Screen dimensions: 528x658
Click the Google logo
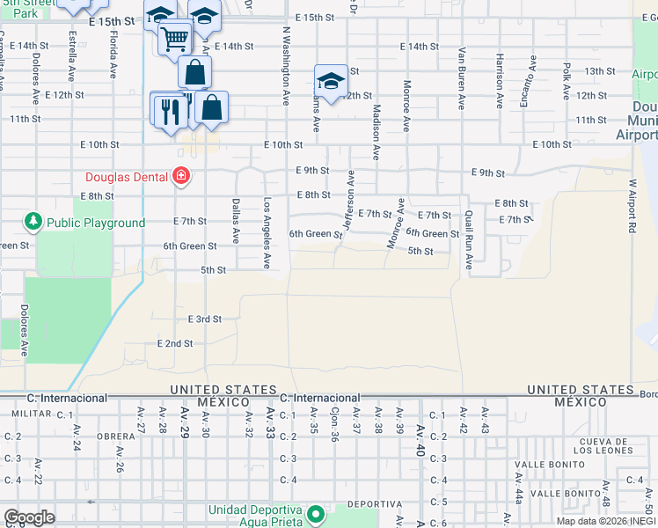pos(28,517)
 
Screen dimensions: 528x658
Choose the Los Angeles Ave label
pos(267,233)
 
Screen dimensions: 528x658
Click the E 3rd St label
pos(204,319)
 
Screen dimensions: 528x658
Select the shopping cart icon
pos(175,39)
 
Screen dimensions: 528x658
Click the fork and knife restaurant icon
pos(166,111)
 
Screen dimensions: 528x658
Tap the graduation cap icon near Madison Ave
pos(330,82)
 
